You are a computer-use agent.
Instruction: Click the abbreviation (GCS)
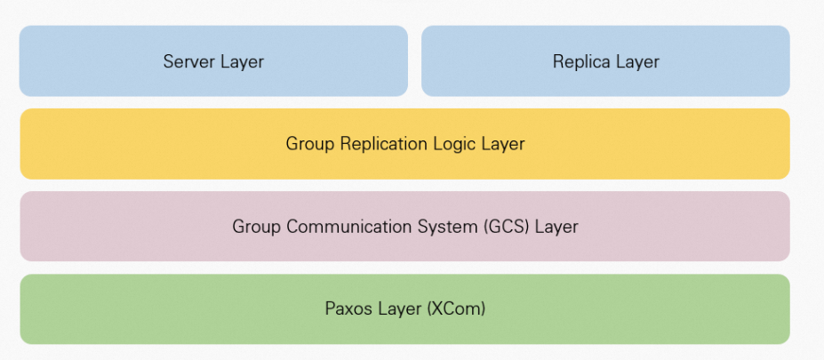click(x=508, y=227)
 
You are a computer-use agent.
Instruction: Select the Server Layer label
click(x=213, y=61)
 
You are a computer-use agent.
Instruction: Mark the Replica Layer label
click(x=606, y=61)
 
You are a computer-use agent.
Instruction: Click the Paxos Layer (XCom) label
click(x=405, y=309)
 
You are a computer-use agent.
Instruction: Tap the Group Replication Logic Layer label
click(x=405, y=143)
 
